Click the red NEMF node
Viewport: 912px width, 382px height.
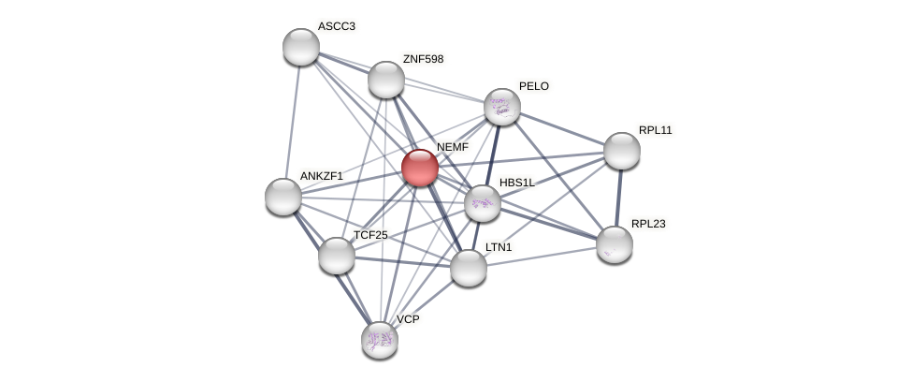[420, 168]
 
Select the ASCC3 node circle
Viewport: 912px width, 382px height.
[301, 47]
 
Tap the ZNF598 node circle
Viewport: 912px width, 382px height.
[386, 80]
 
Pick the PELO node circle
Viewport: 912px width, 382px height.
[502, 107]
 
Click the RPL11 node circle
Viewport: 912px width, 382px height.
[622, 151]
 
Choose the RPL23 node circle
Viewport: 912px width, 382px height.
[615, 244]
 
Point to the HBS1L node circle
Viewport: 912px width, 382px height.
[483, 203]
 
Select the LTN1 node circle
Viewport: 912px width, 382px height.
[469, 268]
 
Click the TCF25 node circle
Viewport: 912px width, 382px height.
[337, 256]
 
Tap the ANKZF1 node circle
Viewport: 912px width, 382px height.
[283, 197]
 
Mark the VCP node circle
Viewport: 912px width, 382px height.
[380, 340]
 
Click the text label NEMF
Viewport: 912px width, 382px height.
[453, 147]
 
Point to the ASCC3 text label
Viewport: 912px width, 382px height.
[337, 26]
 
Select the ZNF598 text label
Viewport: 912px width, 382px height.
[423, 59]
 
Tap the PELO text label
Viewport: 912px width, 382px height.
[534, 86]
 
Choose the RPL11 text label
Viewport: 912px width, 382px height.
[656, 130]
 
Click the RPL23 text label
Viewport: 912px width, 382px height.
[648, 224]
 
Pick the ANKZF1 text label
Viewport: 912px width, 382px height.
[322, 176]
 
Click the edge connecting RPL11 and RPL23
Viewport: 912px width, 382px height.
[618, 198]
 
